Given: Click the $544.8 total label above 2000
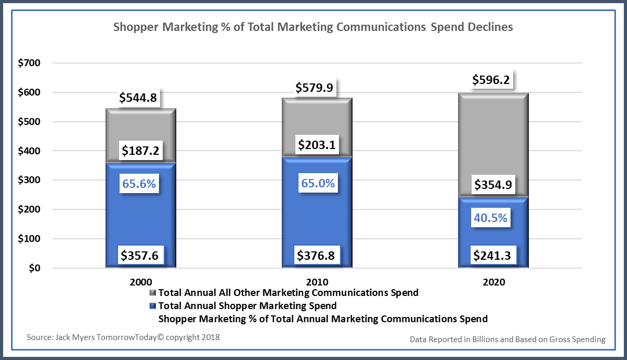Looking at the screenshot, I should (x=138, y=98).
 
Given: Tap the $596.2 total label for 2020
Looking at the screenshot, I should (x=491, y=80).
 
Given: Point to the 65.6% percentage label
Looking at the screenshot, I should (x=139, y=184).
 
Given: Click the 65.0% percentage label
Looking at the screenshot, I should (x=317, y=184).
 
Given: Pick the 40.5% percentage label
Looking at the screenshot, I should (x=491, y=218).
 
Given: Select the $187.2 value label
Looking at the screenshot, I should (x=141, y=151).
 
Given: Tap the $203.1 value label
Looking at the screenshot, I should (x=316, y=144).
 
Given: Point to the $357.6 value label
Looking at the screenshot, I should (x=140, y=256).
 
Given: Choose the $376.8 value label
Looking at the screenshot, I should (x=316, y=256).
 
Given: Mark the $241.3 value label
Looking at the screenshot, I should (x=491, y=256).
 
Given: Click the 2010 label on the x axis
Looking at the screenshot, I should (x=318, y=282).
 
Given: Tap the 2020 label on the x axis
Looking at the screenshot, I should (x=494, y=282).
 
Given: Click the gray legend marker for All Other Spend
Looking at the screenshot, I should (x=153, y=292).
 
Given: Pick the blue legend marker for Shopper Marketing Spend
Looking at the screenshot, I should (x=153, y=305).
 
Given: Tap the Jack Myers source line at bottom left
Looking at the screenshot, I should (x=123, y=337).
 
